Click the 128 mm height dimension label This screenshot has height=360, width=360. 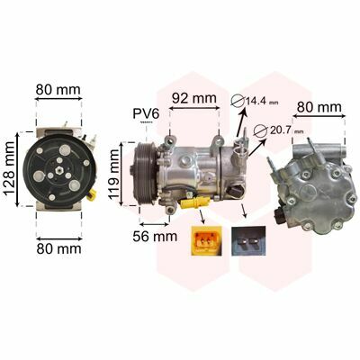tap(10, 168)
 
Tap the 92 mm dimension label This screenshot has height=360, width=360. tap(194, 98)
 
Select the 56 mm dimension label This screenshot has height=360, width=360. tap(155, 237)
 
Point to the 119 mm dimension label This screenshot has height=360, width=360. tap(114, 175)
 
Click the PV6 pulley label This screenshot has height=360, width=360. tap(147, 113)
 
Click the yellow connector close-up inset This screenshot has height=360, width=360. tap(206, 240)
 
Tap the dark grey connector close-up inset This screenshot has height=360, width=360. tap(248, 241)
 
